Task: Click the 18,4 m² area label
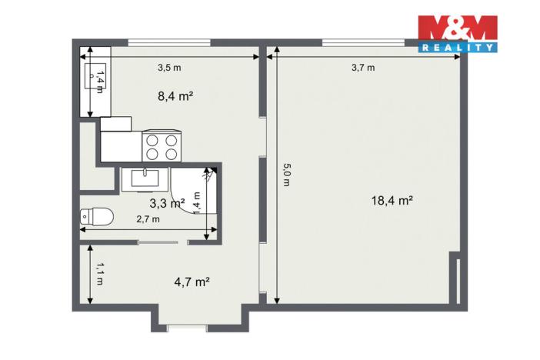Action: pos(392,201)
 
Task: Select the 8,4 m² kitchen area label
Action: pos(175,96)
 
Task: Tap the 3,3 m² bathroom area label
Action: pos(166,204)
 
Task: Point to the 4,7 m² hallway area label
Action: pos(192,282)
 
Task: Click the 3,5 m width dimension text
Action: pos(169,68)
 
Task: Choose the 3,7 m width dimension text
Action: pos(363,68)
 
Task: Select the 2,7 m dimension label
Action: pos(148,219)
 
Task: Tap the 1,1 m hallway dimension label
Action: pos(100,274)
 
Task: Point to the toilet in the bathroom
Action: pos(97,218)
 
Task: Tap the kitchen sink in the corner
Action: pos(95,77)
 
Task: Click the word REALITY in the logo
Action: pos(458,47)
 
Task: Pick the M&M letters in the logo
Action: pos(457,28)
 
